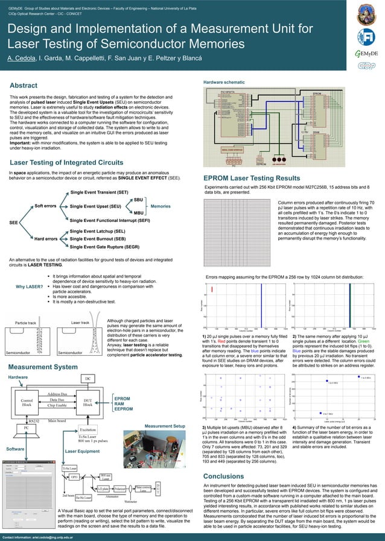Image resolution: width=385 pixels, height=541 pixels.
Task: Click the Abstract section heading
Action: coord(24,86)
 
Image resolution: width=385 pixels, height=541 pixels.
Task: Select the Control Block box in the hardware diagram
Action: coord(27,402)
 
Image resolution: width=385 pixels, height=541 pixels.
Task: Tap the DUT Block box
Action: coord(87,402)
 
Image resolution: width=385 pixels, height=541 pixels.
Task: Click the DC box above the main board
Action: coord(87,378)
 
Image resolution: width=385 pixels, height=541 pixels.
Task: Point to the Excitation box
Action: coord(88,429)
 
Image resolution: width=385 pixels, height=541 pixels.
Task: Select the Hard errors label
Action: coord(45,239)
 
